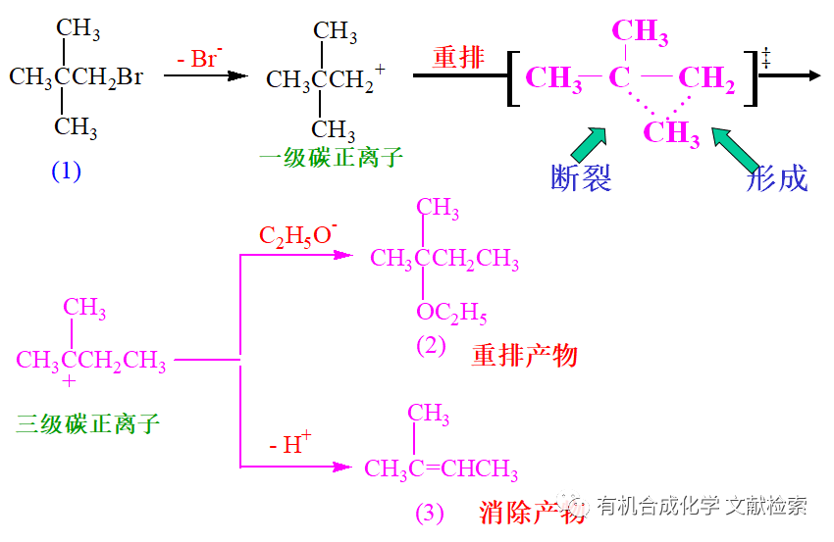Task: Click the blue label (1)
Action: tap(67, 172)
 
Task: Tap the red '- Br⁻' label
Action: tap(201, 59)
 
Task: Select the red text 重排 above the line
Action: tap(459, 57)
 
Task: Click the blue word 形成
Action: tap(776, 178)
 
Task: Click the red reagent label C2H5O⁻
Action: tap(297, 235)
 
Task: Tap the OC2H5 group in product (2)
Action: tap(451, 314)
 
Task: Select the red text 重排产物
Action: tap(525, 355)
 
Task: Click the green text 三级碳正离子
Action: tap(87, 423)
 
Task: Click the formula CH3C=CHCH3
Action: tap(442, 470)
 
